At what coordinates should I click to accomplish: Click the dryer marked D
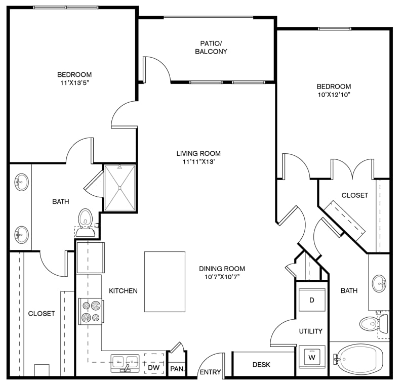[x=312, y=299]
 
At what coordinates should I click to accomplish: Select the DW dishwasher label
[x=154, y=367]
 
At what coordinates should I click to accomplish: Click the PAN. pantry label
[x=177, y=369]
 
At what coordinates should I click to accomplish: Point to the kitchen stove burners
[x=91, y=311]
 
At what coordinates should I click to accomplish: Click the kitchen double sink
[x=125, y=363]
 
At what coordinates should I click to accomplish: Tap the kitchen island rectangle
[x=165, y=282]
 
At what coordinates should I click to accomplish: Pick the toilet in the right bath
[x=374, y=324]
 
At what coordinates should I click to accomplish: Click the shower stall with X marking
[x=119, y=188]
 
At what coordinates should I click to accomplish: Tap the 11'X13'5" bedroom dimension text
[x=74, y=82]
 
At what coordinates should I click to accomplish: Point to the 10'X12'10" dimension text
[x=334, y=95]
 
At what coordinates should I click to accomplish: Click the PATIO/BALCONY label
[x=211, y=47]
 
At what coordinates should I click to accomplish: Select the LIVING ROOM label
[x=198, y=153]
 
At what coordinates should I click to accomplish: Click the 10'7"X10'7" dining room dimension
[x=222, y=277]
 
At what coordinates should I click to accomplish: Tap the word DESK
[x=261, y=364]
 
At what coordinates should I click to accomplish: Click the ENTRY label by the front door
[x=211, y=372]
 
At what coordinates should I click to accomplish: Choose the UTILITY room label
[x=310, y=331]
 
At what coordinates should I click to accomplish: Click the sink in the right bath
[x=380, y=283]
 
